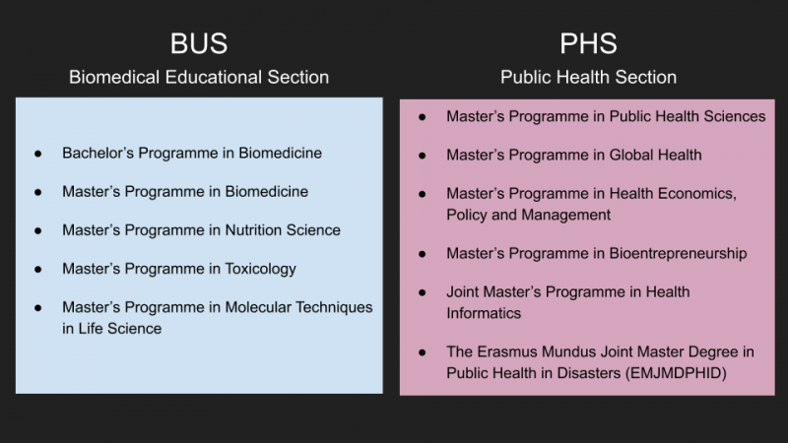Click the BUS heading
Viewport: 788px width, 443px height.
(x=199, y=43)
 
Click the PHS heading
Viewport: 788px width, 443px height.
(x=588, y=43)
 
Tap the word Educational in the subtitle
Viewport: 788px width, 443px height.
(x=214, y=78)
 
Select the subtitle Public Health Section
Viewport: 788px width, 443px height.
(x=588, y=78)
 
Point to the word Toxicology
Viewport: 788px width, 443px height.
(x=260, y=269)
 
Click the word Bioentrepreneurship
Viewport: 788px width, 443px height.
(x=678, y=254)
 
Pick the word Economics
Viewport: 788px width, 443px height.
(x=697, y=194)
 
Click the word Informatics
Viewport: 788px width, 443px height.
(x=484, y=313)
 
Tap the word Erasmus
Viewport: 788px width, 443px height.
(x=502, y=352)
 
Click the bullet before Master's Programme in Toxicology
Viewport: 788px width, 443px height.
(x=38, y=270)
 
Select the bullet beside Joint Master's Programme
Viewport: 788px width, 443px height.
(x=423, y=292)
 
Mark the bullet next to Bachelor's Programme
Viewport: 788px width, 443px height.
(x=38, y=154)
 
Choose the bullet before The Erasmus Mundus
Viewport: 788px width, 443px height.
(x=423, y=352)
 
